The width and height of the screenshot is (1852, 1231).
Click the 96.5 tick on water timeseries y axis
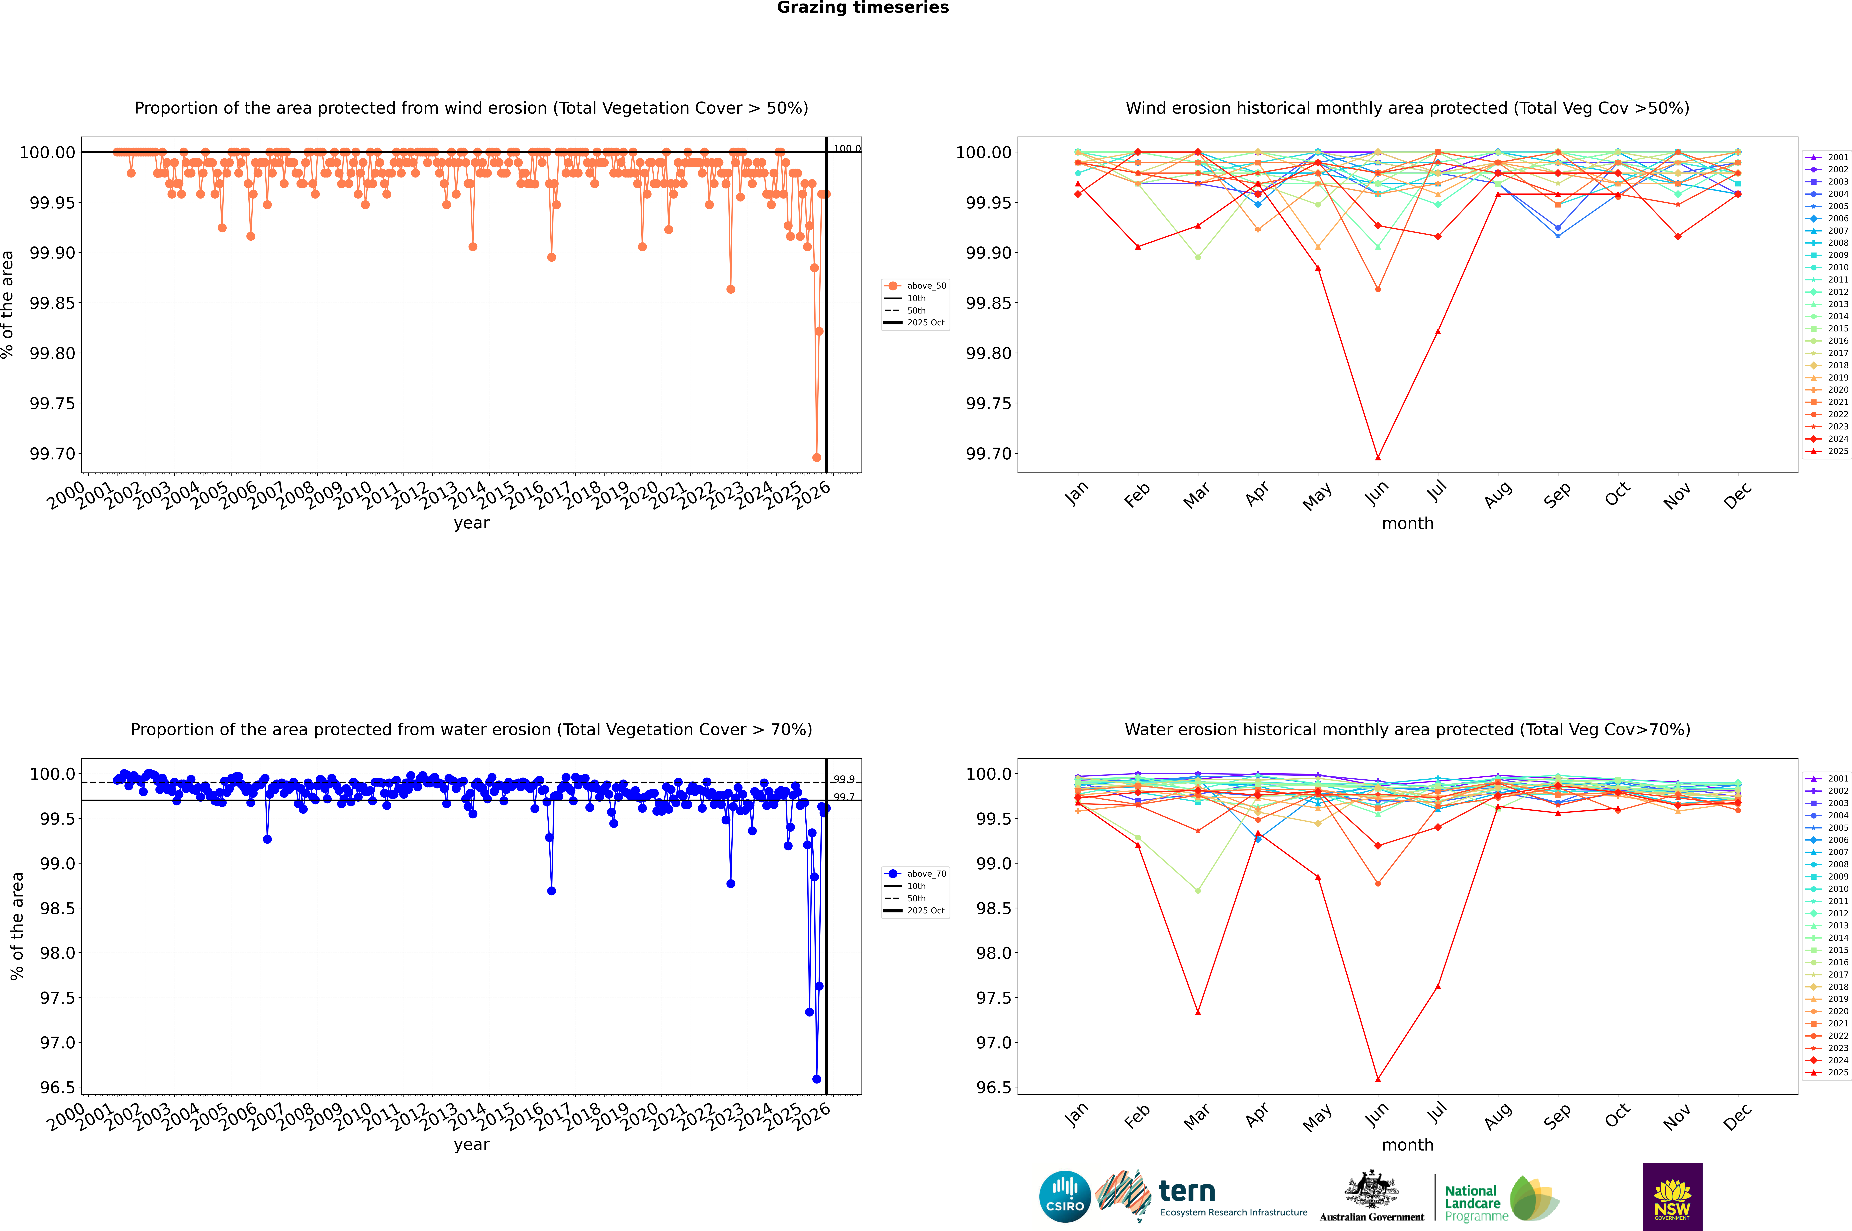[57, 1087]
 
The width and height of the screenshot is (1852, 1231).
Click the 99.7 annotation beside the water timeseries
[844, 797]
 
